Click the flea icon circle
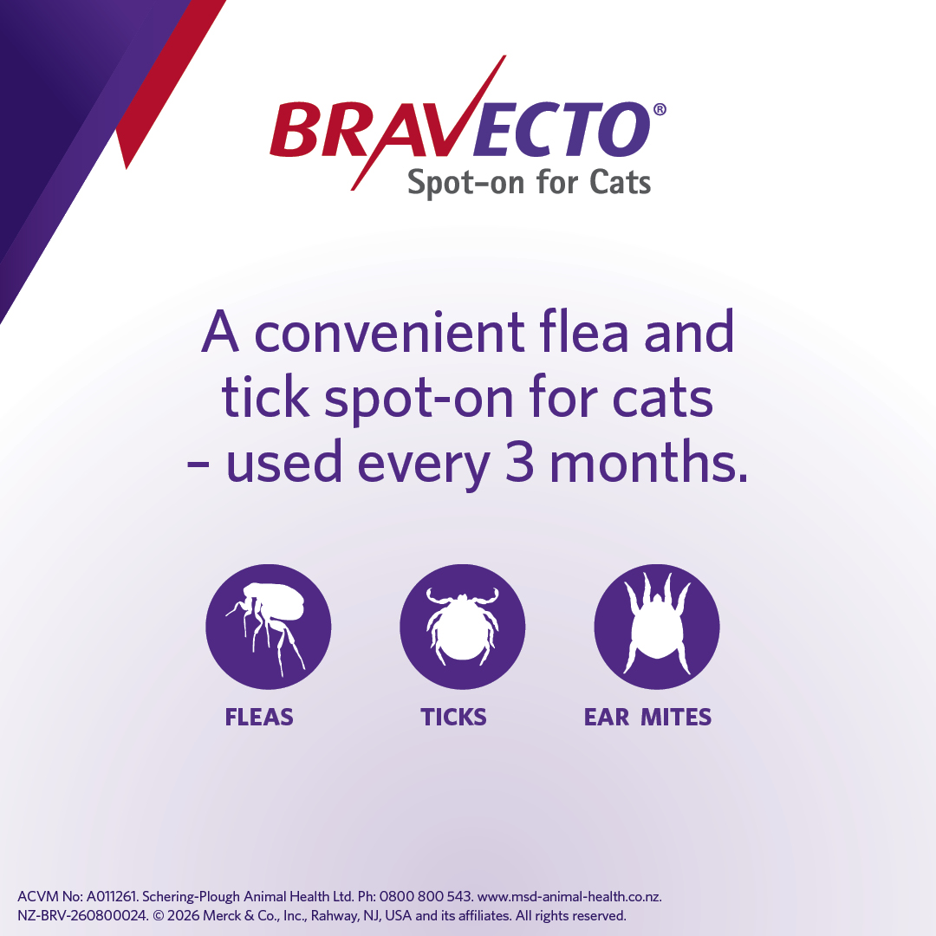[x=268, y=627]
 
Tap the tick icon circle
[x=463, y=627]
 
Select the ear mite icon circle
[x=657, y=627]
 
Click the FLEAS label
[x=259, y=717]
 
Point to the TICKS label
[x=453, y=717]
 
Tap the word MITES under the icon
[x=676, y=717]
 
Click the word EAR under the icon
[x=607, y=717]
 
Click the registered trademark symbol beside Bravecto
[x=660, y=109]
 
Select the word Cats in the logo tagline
[x=621, y=182]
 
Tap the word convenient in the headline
[x=390, y=333]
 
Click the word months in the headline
[x=648, y=461]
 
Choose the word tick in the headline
[x=266, y=396]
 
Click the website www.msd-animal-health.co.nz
[x=569, y=897]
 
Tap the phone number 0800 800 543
[x=426, y=897]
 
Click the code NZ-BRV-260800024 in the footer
[x=82, y=916]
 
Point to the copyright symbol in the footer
[x=159, y=916]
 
